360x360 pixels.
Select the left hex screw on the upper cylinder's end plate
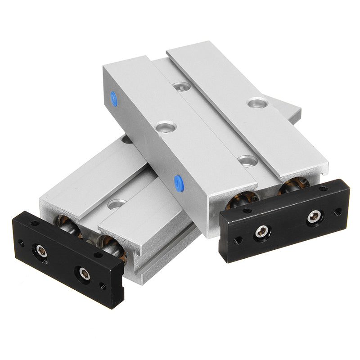tap(261, 232)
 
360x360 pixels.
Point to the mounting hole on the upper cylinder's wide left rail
tap(165, 126)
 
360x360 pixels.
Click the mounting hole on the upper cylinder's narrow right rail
tap(257, 103)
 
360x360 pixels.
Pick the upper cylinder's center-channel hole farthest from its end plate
tap(181, 85)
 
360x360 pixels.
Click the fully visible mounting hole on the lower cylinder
tap(117, 204)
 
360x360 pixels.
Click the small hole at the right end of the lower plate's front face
tap(103, 285)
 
